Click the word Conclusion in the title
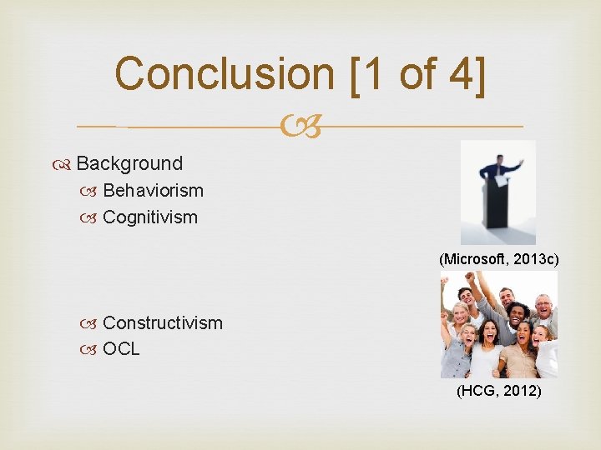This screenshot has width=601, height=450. point(224,73)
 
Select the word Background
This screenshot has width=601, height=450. point(129,163)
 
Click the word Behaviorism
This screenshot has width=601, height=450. point(153,190)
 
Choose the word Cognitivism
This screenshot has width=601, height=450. point(150,217)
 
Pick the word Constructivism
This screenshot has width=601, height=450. point(163,322)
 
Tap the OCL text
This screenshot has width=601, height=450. point(121,349)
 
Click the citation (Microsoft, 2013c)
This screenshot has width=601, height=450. point(499,259)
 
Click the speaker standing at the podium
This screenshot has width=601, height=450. point(500,170)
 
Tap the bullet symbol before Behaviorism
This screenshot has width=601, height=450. point(93,191)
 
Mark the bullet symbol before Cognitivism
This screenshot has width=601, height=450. point(93,218)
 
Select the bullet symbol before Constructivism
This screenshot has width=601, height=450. point(93,323)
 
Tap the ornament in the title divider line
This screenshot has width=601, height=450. point(300,127)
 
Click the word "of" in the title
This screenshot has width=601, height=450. point(416,73)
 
